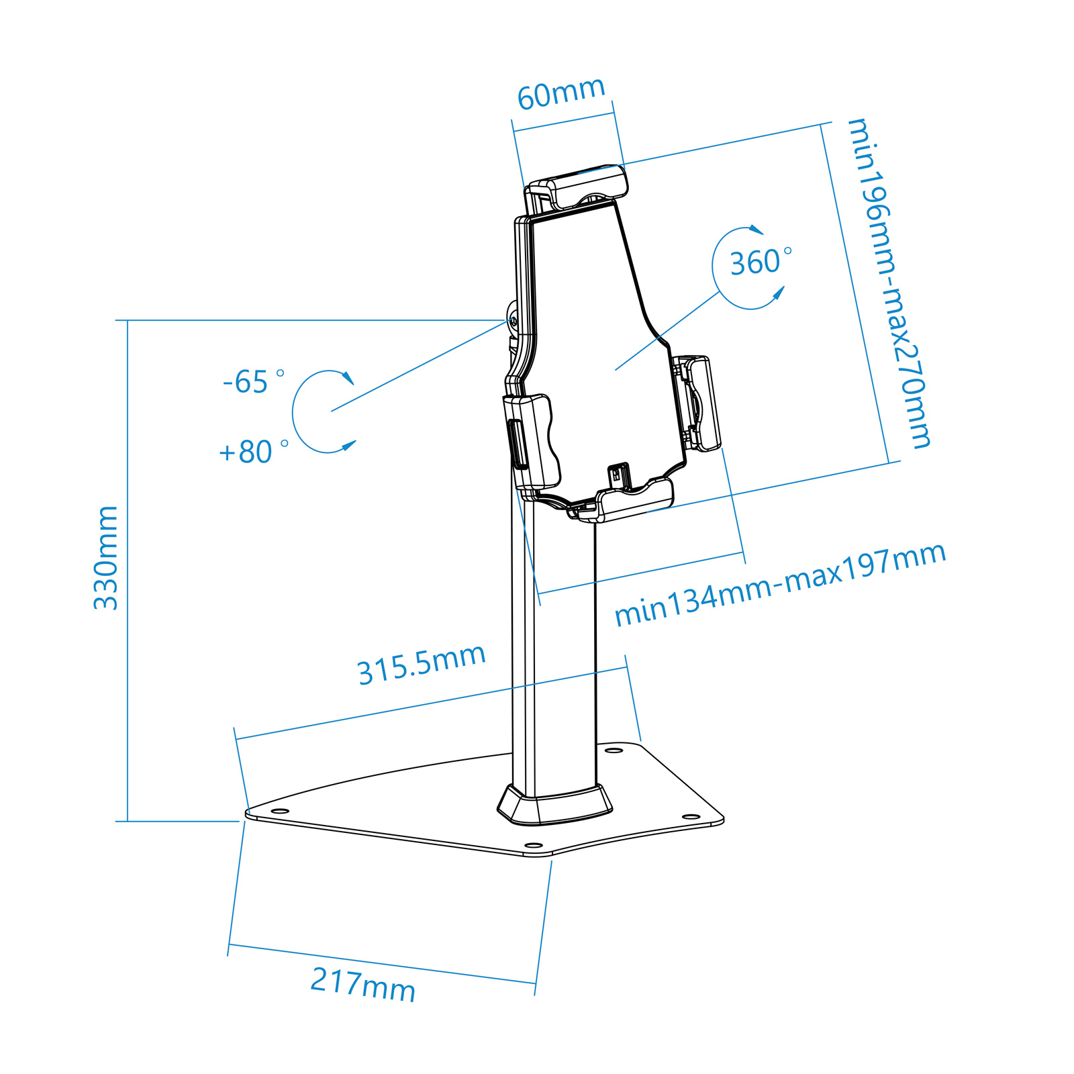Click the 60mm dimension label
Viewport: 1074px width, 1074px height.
(x=561, y=93)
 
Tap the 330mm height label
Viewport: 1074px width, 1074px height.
(x=106, y=558)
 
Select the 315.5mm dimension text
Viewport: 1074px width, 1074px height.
(x=422, y=665)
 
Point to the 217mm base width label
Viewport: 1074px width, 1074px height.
(x=363, y=985)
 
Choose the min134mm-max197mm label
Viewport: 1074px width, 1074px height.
(x=780, y=585)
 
